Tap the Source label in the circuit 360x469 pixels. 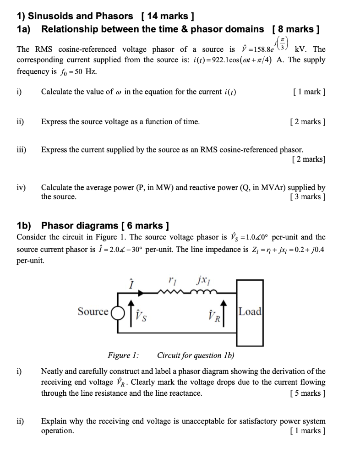93,312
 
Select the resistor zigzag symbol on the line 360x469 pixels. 171,291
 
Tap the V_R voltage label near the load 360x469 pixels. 214,315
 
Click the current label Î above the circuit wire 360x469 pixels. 131,283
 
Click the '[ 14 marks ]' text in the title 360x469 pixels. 169,16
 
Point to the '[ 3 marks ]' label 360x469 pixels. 308,196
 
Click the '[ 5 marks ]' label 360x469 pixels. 308,393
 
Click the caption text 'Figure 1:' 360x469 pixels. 123,355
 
